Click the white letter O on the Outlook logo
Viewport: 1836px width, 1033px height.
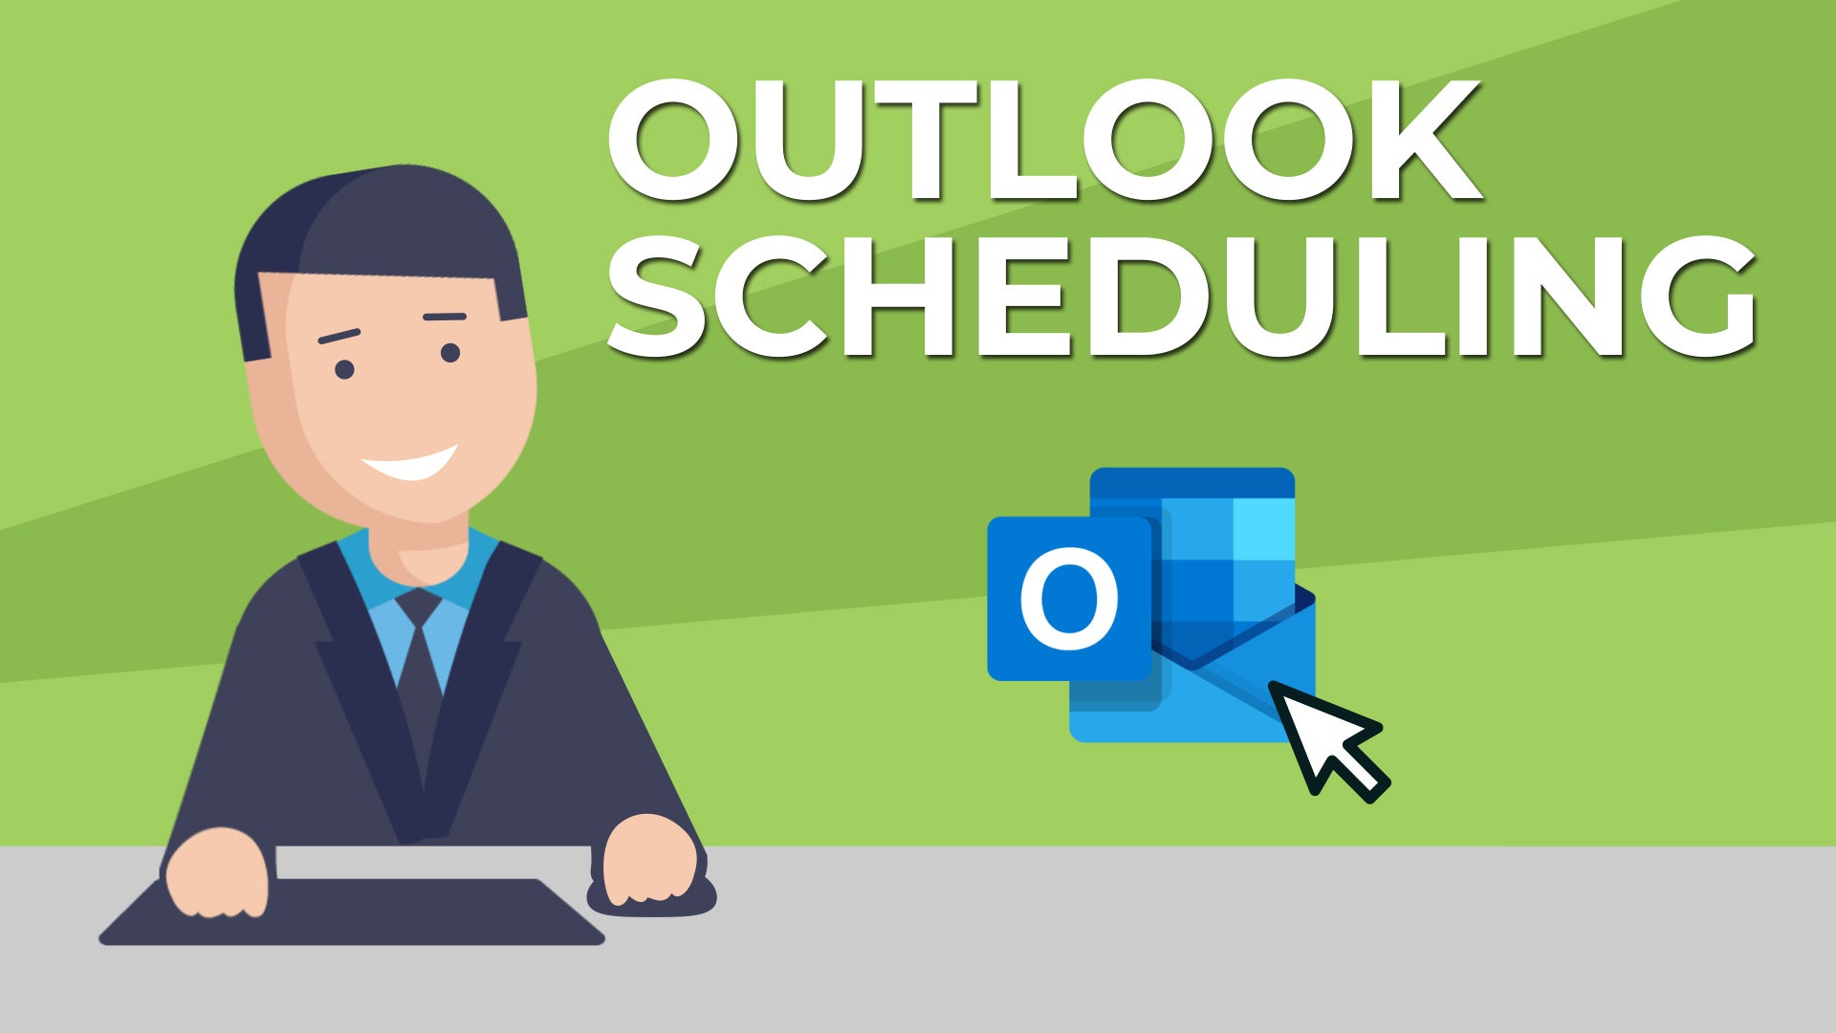[x=1068, y=599]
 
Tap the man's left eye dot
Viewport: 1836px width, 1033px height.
[x=344, y=369]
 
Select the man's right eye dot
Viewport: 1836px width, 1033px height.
[x=450, y=353]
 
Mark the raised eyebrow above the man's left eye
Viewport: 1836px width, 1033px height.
[x=339, y=336]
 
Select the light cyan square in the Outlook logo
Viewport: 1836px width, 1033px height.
[x=1263, y=530]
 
